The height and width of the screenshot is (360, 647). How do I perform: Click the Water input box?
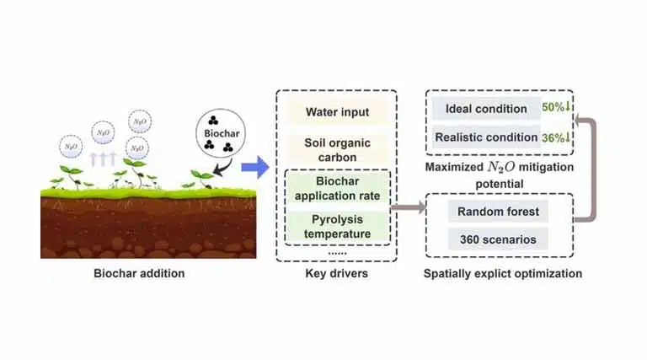[337, 112]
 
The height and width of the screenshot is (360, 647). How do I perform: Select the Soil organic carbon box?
[337, 149]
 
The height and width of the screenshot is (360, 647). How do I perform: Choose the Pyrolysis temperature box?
[337, 223]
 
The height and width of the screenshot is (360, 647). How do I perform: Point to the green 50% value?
[555, 108]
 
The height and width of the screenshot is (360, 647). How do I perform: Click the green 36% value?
[555, 137]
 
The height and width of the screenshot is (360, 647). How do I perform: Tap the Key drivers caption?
[336, 273]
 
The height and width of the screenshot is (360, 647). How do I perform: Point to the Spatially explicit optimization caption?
[504, 273]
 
